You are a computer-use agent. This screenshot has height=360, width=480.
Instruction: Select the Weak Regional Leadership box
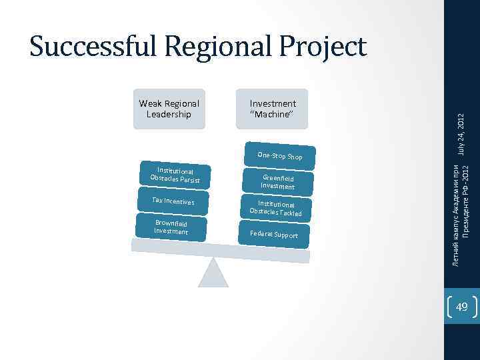click(x=169, y=109)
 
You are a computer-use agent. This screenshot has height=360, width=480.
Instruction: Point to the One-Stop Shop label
click(x=279, y=156)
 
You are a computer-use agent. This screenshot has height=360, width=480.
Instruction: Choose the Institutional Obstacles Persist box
click(x=172, y=175)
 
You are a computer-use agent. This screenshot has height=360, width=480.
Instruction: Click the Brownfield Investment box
click(x=171, y=227)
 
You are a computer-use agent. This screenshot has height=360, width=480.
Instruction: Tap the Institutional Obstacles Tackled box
click(x=276, y=209)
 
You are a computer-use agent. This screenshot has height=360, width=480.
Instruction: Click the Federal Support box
click(x=275, y=235)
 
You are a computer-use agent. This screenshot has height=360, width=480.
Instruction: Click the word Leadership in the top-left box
click(x=169, y=114)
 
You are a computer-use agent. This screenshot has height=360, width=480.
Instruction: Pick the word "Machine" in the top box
click(x=272, y=114)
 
